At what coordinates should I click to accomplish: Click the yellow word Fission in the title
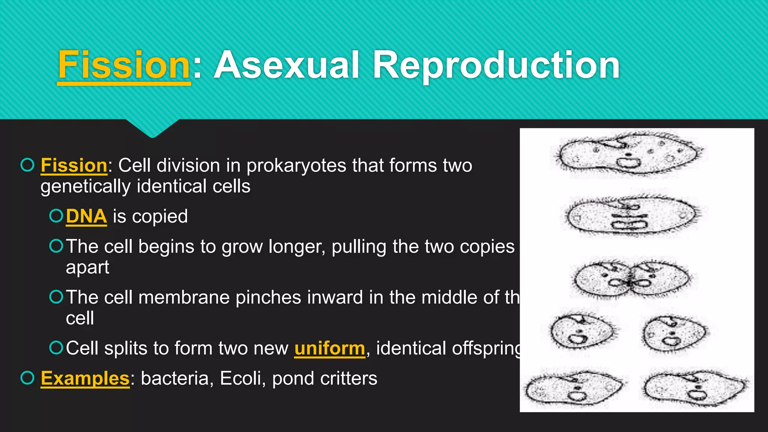124,65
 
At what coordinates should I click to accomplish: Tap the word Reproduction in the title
496,65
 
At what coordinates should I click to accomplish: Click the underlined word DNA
86,216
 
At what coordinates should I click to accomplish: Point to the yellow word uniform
329,348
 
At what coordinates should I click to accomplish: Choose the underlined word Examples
85,378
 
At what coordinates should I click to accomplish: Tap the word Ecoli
242,378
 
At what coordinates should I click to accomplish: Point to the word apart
87,267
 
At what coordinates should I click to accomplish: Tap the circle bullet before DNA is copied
56,216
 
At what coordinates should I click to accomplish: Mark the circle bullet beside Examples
27,378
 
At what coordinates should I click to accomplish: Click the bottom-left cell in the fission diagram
573,389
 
